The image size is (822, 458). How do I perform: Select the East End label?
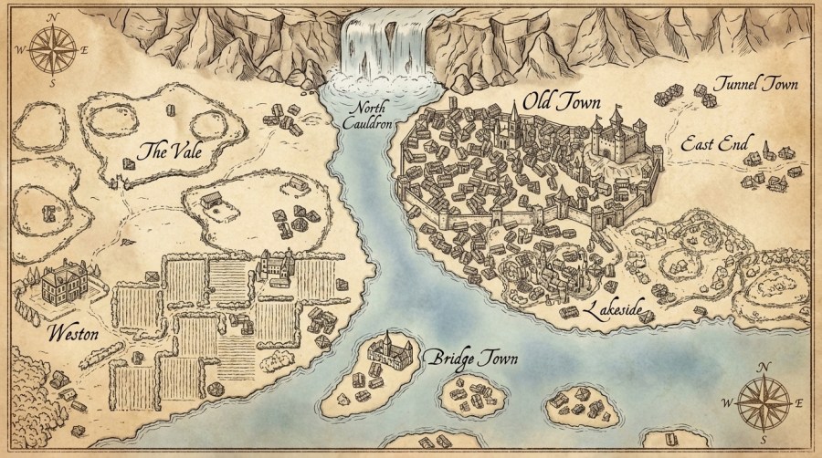715,143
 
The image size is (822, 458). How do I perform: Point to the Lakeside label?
620,310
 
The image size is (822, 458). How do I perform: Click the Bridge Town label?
472,358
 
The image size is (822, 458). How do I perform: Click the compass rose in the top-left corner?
42,49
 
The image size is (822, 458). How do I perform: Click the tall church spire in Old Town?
513,123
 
